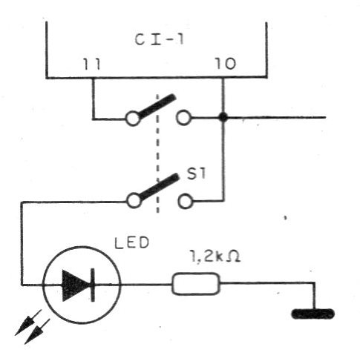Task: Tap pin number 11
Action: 94,64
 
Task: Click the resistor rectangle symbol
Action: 196,283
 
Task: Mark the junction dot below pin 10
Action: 223,117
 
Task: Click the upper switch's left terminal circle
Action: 133,118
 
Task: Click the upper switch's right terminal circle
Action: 183,117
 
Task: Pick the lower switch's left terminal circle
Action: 133,200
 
